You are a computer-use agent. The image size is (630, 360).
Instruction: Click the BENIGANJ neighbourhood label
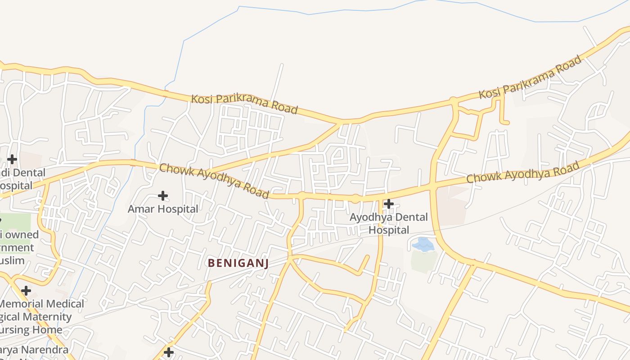pyautogui.click(x=238, y=263)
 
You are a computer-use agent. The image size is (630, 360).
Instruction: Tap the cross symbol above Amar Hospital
pyautogui.click(x=163, y=196)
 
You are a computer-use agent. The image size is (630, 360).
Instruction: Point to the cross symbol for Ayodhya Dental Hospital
pyautogui.click(x=388, y=204)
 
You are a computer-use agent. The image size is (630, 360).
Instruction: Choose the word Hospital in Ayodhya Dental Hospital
pyautogui.click(x=389, y=230)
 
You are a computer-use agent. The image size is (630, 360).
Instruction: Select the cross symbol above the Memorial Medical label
pyautogui.click(x=26, y=291)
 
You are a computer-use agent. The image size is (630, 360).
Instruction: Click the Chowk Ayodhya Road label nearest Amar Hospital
pyautogui.click(x=214, y=181)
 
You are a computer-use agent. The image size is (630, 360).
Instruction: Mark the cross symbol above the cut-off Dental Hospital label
pyautogui.click(x=12, y=159)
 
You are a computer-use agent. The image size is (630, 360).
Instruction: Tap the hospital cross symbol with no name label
pyautogui.click(x=169, y=352)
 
